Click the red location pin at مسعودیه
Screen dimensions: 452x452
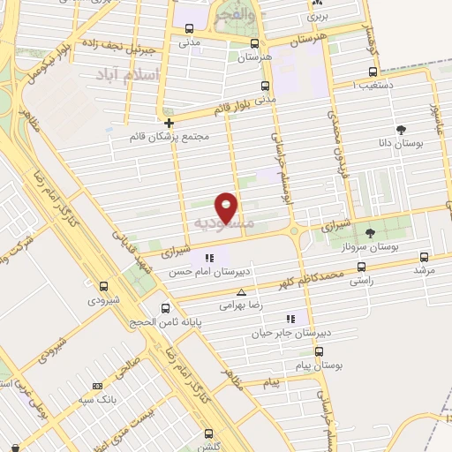point(227,207)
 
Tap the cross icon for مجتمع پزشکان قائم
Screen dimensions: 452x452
point(169,122)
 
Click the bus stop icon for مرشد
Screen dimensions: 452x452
point(424,257)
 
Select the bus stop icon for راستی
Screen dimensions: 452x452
point(360,267)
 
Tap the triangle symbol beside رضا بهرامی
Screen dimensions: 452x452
point(240,291)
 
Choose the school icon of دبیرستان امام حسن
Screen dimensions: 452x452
point(209,258)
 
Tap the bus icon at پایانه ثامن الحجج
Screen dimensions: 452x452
point(166,308)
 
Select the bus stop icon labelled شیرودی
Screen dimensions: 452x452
point(104,286)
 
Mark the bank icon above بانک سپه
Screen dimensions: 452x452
point(95,385)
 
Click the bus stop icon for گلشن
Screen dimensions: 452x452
point(209,433)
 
